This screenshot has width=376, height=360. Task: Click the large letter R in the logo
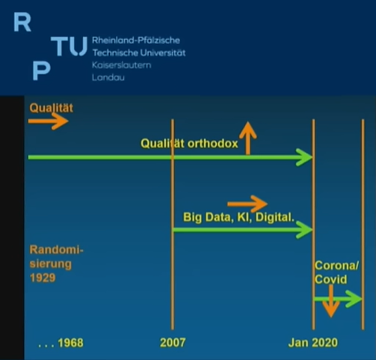[22, 22]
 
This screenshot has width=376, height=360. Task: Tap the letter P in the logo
[41, 71]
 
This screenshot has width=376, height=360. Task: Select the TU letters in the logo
[69, 46]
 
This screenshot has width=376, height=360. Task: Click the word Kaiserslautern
[121, 65]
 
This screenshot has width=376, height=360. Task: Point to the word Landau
[108, 77]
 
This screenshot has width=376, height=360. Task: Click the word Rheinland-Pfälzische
[136, 40]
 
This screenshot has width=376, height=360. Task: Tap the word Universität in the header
[163, 52]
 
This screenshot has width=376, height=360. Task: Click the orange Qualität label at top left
[51, 108]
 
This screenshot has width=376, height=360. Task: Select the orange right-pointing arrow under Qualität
[48, 121]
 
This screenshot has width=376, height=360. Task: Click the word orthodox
[212, 144]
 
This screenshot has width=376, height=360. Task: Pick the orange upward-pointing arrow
[247, 138]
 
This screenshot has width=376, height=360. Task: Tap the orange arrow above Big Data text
[247, 204]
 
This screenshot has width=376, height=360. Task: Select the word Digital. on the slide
[275, 217]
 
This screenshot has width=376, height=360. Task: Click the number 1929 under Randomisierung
[43, 278]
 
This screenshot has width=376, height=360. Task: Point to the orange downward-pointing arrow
[330, 301]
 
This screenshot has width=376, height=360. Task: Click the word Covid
[330, 279]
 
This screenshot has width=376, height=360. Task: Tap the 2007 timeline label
[173, 343]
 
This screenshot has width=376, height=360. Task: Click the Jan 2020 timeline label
[313, 343]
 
